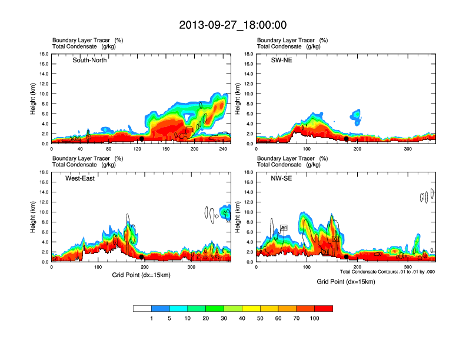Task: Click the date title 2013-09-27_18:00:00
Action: point(233,25)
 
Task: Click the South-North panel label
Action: point(89,60)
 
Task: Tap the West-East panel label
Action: point(80,178)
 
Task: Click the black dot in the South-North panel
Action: point(142,139)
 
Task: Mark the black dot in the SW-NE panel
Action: point(346,139)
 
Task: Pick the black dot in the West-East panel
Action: point(142,257)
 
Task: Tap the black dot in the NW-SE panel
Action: point(346,257)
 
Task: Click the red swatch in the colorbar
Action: point(324,308)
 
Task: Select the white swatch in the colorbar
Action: point(142,308)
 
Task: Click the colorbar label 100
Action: point(315,318)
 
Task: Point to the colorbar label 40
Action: point(242,318)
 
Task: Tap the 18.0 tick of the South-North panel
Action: point(44,54)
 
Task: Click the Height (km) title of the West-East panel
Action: point(34,217)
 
